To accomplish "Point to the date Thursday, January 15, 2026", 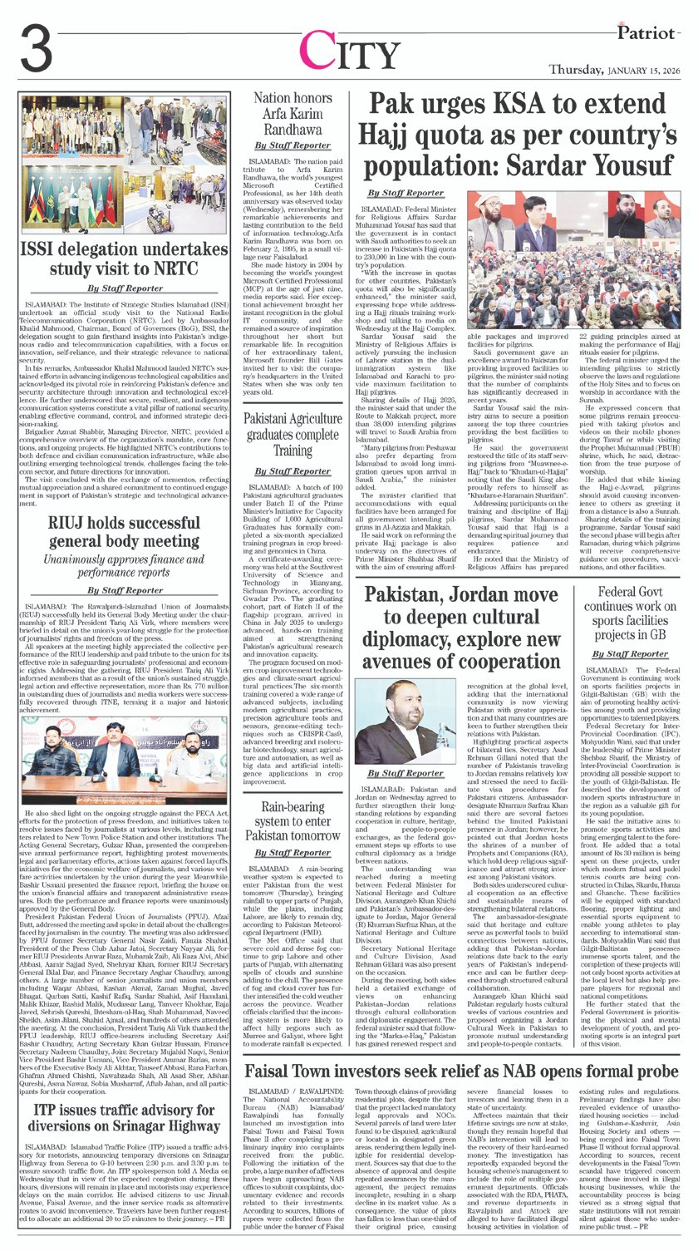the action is pos(620,71).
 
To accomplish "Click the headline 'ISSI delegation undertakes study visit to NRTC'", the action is pos(124,257).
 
